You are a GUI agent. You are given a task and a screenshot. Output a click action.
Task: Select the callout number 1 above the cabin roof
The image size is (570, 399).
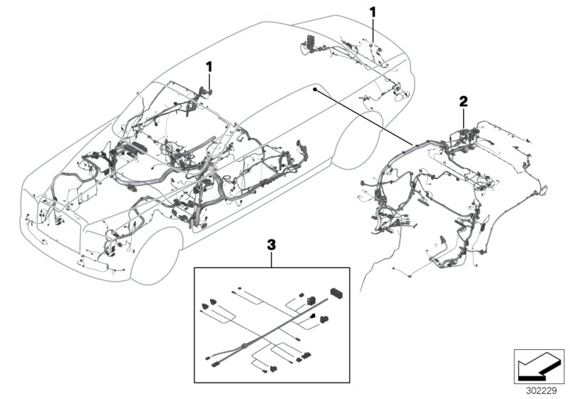click(x=209, y=66)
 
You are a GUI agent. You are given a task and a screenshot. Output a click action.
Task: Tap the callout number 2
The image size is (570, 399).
click(x=463, y=101)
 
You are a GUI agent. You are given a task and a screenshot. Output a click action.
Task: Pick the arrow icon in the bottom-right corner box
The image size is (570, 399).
click(x=537, y=368)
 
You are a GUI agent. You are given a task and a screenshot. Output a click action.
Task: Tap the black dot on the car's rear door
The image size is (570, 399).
click(x=314, y=89)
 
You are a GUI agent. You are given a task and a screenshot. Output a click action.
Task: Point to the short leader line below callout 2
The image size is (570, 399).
click(x=464, y=116)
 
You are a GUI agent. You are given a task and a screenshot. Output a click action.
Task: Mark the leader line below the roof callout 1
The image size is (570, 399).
click(x=210, y=80)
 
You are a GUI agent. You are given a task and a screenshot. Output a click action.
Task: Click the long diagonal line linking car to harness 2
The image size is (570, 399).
click(x=363, y=118)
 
